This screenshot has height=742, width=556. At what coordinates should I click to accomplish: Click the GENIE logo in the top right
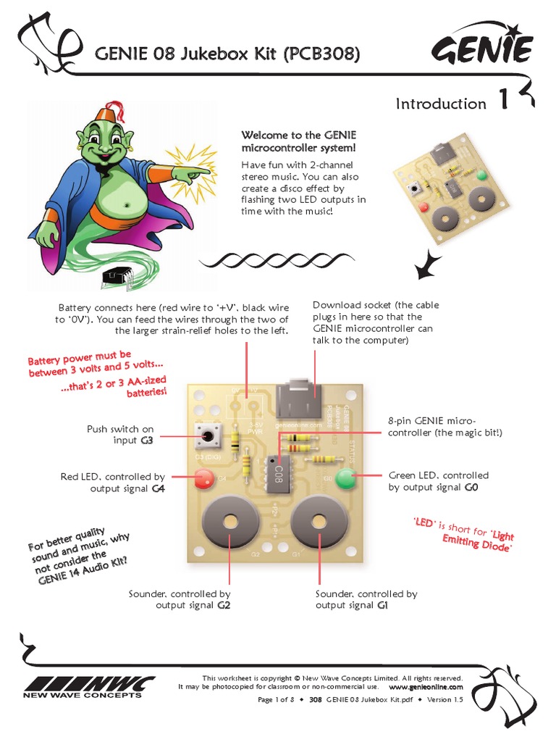click(482, 51)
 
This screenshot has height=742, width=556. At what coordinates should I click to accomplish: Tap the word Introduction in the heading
click(441, 104)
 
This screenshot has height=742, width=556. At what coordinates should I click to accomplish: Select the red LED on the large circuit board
click(203, 478)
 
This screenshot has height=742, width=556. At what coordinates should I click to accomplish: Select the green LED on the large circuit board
click(346, 478)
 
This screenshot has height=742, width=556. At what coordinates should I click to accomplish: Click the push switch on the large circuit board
click(208, 437)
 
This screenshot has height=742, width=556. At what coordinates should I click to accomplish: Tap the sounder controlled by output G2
click(231, 522)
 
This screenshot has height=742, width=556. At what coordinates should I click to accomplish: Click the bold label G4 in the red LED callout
click(158, 489)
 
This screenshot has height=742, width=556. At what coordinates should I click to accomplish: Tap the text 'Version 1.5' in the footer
click(443, 700)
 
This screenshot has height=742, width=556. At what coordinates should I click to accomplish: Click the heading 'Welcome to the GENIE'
click(298, 136)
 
